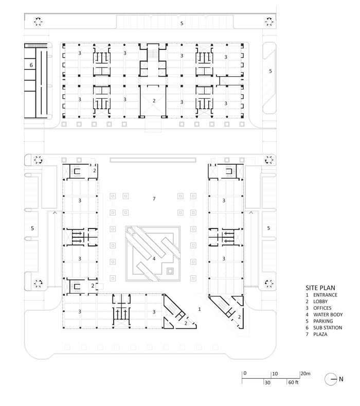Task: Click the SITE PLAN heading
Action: tap(320, 288)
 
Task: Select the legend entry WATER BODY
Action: tap(328, 314)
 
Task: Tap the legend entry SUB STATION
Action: tap(328, 328)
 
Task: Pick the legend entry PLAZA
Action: tap(320, 334)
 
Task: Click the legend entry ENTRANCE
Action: tap(326, 295)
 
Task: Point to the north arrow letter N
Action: tap(341, 379)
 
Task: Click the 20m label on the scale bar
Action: tap(305, 374)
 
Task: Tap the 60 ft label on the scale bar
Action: tap(294, 382)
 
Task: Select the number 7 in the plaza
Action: tap(154, 199)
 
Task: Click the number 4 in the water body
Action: tap(154, 258)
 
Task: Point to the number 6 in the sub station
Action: tap(31, 65)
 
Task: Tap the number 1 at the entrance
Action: tap(199, 309)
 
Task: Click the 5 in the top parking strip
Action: tap(182, 23)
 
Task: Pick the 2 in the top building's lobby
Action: tap(154, 100)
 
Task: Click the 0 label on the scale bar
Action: tap(245, 374)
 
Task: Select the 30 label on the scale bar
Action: tap(267, 382)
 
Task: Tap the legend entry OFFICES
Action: tap(322, 308)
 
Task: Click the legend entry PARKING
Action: tap(323, 321)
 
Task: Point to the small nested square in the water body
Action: tap(170, 271)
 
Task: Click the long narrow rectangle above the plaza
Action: tap(153, 160)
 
